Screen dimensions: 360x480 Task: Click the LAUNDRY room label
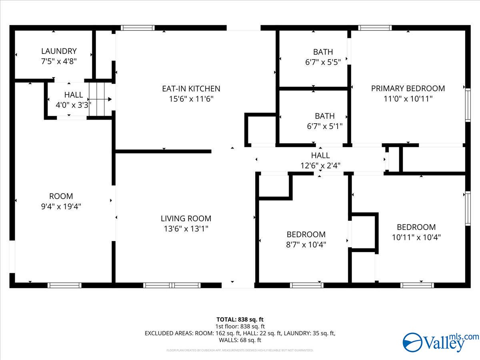59,51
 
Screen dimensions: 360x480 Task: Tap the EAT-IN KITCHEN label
191,88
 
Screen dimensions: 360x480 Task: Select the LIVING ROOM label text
186,218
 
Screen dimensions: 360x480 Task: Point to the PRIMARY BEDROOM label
408,88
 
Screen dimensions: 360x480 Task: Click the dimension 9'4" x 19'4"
61,206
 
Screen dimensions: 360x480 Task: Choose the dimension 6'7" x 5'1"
324,126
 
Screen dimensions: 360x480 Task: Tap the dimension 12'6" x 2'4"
320,165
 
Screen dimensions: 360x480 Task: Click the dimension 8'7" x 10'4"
306,244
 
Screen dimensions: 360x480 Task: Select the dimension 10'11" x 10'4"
416,237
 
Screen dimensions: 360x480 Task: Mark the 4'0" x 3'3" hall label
74,105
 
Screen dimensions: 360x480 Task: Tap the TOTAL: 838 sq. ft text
240,319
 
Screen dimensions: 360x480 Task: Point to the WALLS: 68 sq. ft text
240,340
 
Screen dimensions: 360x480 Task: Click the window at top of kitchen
138,28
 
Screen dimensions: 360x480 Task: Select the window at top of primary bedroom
375,28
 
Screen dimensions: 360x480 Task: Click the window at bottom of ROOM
64,285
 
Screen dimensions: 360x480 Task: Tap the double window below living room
172,285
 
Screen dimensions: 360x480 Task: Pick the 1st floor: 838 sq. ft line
240,326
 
